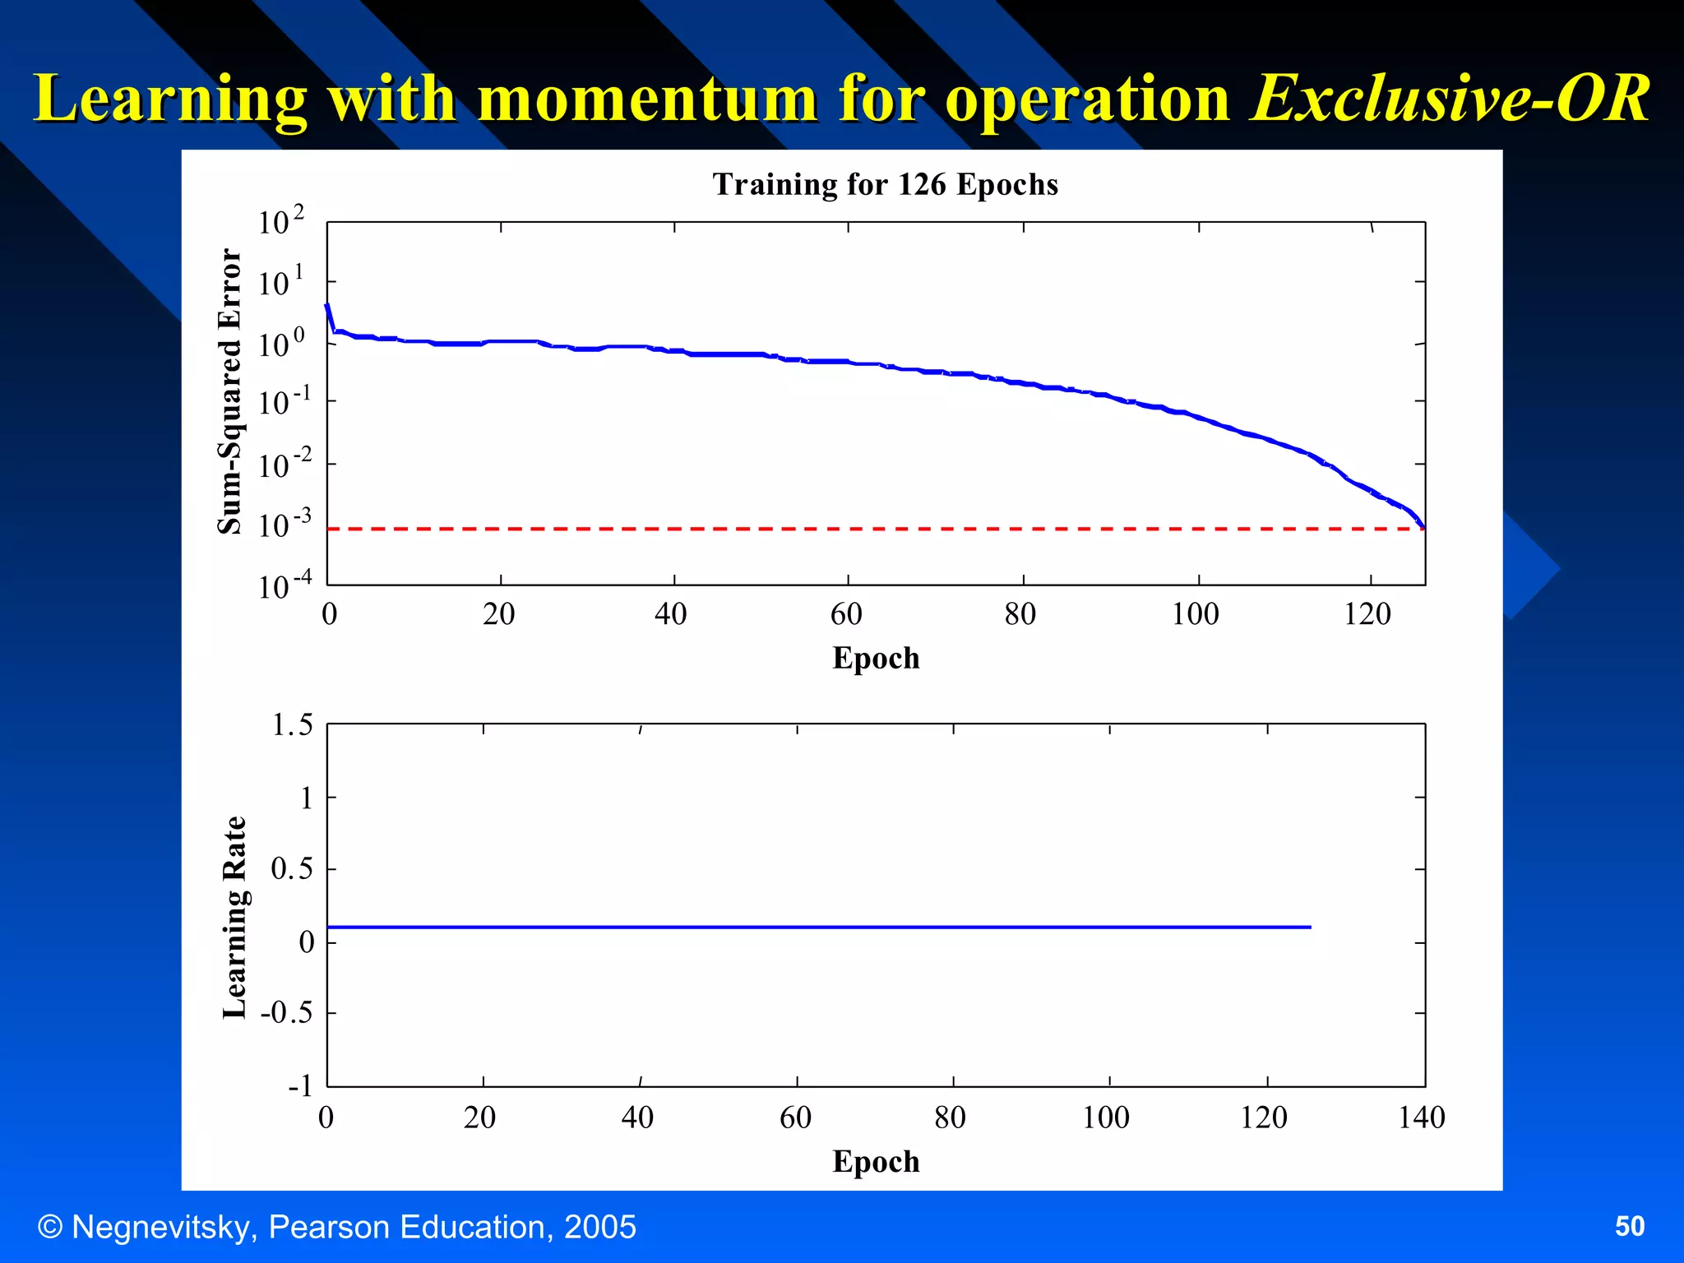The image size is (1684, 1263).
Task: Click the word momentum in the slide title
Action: coord(647,99)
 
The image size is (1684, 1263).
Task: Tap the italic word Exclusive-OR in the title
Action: coord(1449,99)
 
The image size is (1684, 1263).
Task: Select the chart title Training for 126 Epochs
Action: coord(885,184)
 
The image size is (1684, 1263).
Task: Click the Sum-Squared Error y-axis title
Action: coord(230,391)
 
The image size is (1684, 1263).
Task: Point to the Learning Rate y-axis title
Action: coord(234,918)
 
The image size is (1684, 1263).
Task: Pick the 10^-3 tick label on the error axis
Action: coord(284,524)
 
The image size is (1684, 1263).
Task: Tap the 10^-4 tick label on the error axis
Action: coord(284,585)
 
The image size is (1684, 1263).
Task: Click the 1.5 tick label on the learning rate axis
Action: coord(292,725)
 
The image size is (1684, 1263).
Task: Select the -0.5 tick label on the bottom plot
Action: coord(287,1012)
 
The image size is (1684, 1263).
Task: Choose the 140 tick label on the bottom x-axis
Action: coord(1421,1117)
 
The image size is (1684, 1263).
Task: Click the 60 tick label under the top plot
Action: coord(846,614)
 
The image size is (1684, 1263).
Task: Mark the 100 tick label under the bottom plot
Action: coord(1105,1117)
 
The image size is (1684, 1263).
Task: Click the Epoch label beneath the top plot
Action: coord(876,659)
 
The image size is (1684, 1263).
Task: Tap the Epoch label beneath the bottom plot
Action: coord(876,1162)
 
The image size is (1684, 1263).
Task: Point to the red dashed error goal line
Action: coord(822,529)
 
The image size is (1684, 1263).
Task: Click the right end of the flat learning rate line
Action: coord(1309,927)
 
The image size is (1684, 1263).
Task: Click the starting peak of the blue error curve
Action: coord(327,306)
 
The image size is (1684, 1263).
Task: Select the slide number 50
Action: coord(1629,1226)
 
